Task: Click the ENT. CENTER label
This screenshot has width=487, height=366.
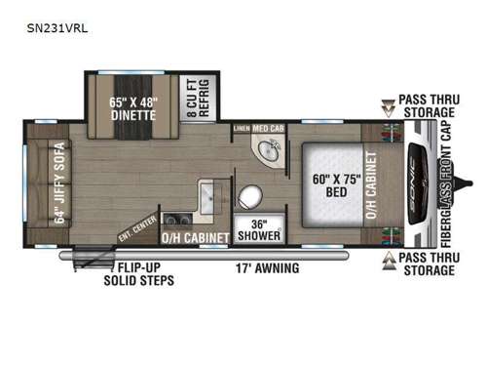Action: (136, 227)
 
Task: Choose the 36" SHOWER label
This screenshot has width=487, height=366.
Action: (260, 229)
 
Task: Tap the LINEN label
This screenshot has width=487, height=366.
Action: (241, 128)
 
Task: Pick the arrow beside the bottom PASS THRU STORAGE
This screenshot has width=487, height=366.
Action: (387, 260)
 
